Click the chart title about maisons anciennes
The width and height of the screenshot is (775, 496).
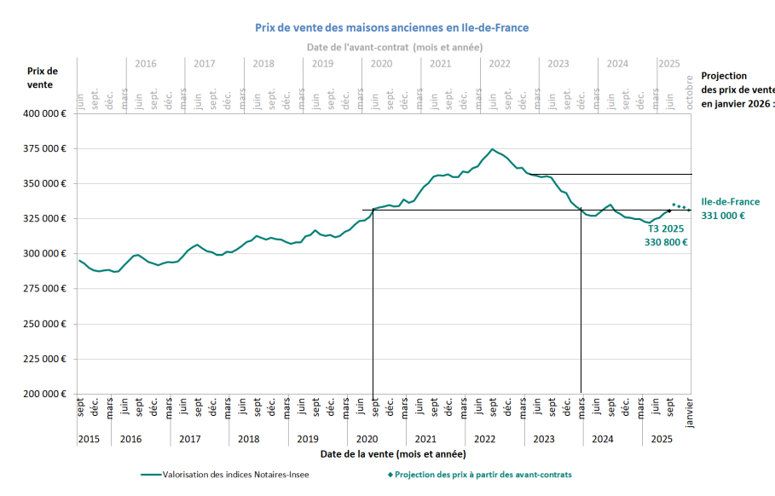[x=391, y=27]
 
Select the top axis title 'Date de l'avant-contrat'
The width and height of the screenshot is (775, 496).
[x=395, y=47]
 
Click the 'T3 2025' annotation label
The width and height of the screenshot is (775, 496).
[x=666, y=228]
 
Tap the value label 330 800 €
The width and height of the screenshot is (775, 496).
[x=666, y=242]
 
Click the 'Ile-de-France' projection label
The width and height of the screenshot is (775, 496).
[x=730, y=202]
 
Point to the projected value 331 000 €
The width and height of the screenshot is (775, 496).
[x=723, y=216]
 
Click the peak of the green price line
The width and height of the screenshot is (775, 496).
[x=492, y=149]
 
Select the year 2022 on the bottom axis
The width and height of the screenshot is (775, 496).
[x=484, y=439]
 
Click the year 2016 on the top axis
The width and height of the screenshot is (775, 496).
[x=146, y=64]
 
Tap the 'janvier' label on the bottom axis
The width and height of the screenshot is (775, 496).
[x=690, y=410]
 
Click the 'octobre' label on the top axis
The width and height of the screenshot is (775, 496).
[x=690, y=90]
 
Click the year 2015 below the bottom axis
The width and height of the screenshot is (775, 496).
[x=89, y=439]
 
